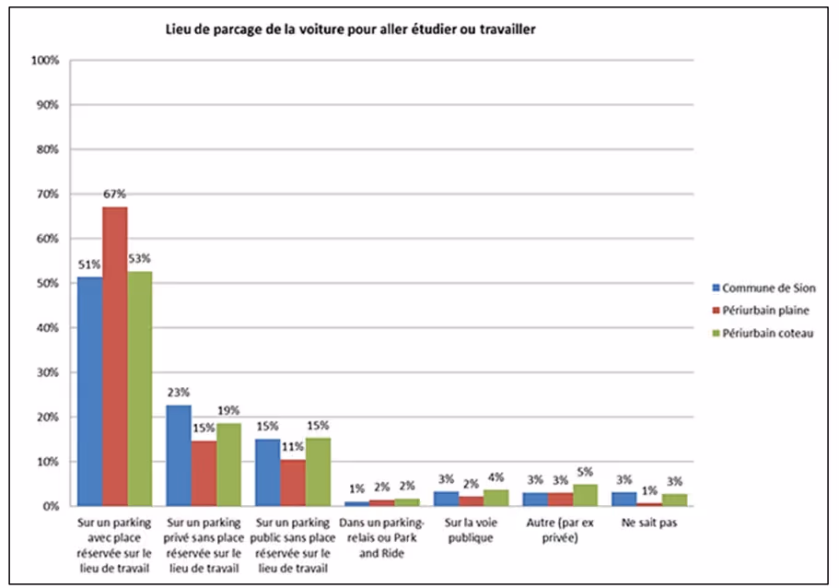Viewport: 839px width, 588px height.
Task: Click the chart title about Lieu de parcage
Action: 350,29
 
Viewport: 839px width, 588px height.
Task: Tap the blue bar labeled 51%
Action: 89,392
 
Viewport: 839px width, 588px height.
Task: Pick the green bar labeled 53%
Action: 140,388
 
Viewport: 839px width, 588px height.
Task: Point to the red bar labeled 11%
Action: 293,483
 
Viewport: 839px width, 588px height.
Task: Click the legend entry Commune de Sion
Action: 768,288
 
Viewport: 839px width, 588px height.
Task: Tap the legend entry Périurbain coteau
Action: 768,333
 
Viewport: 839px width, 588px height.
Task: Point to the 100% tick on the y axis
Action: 45,61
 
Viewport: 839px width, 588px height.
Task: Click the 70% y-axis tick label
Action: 47,194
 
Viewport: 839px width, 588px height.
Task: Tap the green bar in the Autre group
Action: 585,496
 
